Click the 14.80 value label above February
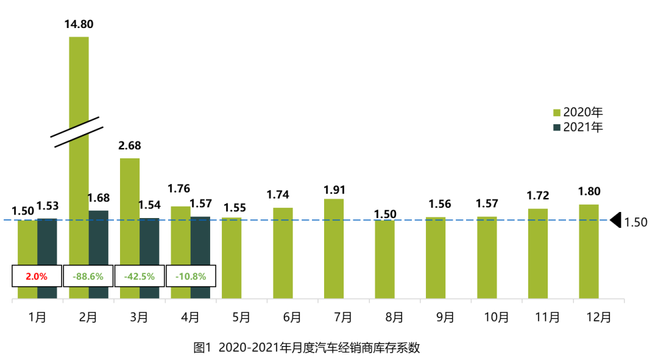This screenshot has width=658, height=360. (79, 24)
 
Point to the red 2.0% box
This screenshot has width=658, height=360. (37, 276)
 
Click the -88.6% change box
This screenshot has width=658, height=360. (88, 276)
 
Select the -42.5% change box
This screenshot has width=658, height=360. (140, 276)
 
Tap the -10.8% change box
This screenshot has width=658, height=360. (191, 276)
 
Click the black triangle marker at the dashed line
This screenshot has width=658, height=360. (615, 220)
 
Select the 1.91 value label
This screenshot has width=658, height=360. (333, 189)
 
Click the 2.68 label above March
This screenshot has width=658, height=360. (130, 146)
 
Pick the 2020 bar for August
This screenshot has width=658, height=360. (384, 259)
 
